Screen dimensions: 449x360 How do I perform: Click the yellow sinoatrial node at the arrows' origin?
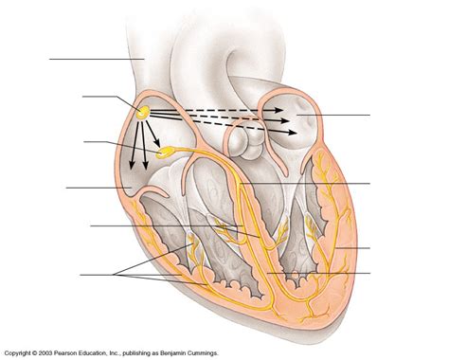[x=144, y=112]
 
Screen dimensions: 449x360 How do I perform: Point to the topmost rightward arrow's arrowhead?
[x=288, y=111]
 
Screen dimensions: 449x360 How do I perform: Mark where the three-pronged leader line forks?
[x=116, y=275]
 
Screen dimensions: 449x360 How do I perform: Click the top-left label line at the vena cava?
[x=95, y=60]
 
